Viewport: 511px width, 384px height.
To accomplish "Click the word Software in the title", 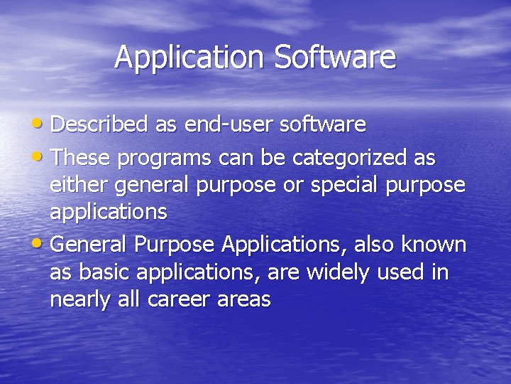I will tap(334, 58).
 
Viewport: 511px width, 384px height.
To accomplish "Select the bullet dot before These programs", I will tap(42, 155).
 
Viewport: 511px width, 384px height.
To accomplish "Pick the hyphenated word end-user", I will tap(228, 125).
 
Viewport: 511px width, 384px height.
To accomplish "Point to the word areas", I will tap(246, 300).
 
